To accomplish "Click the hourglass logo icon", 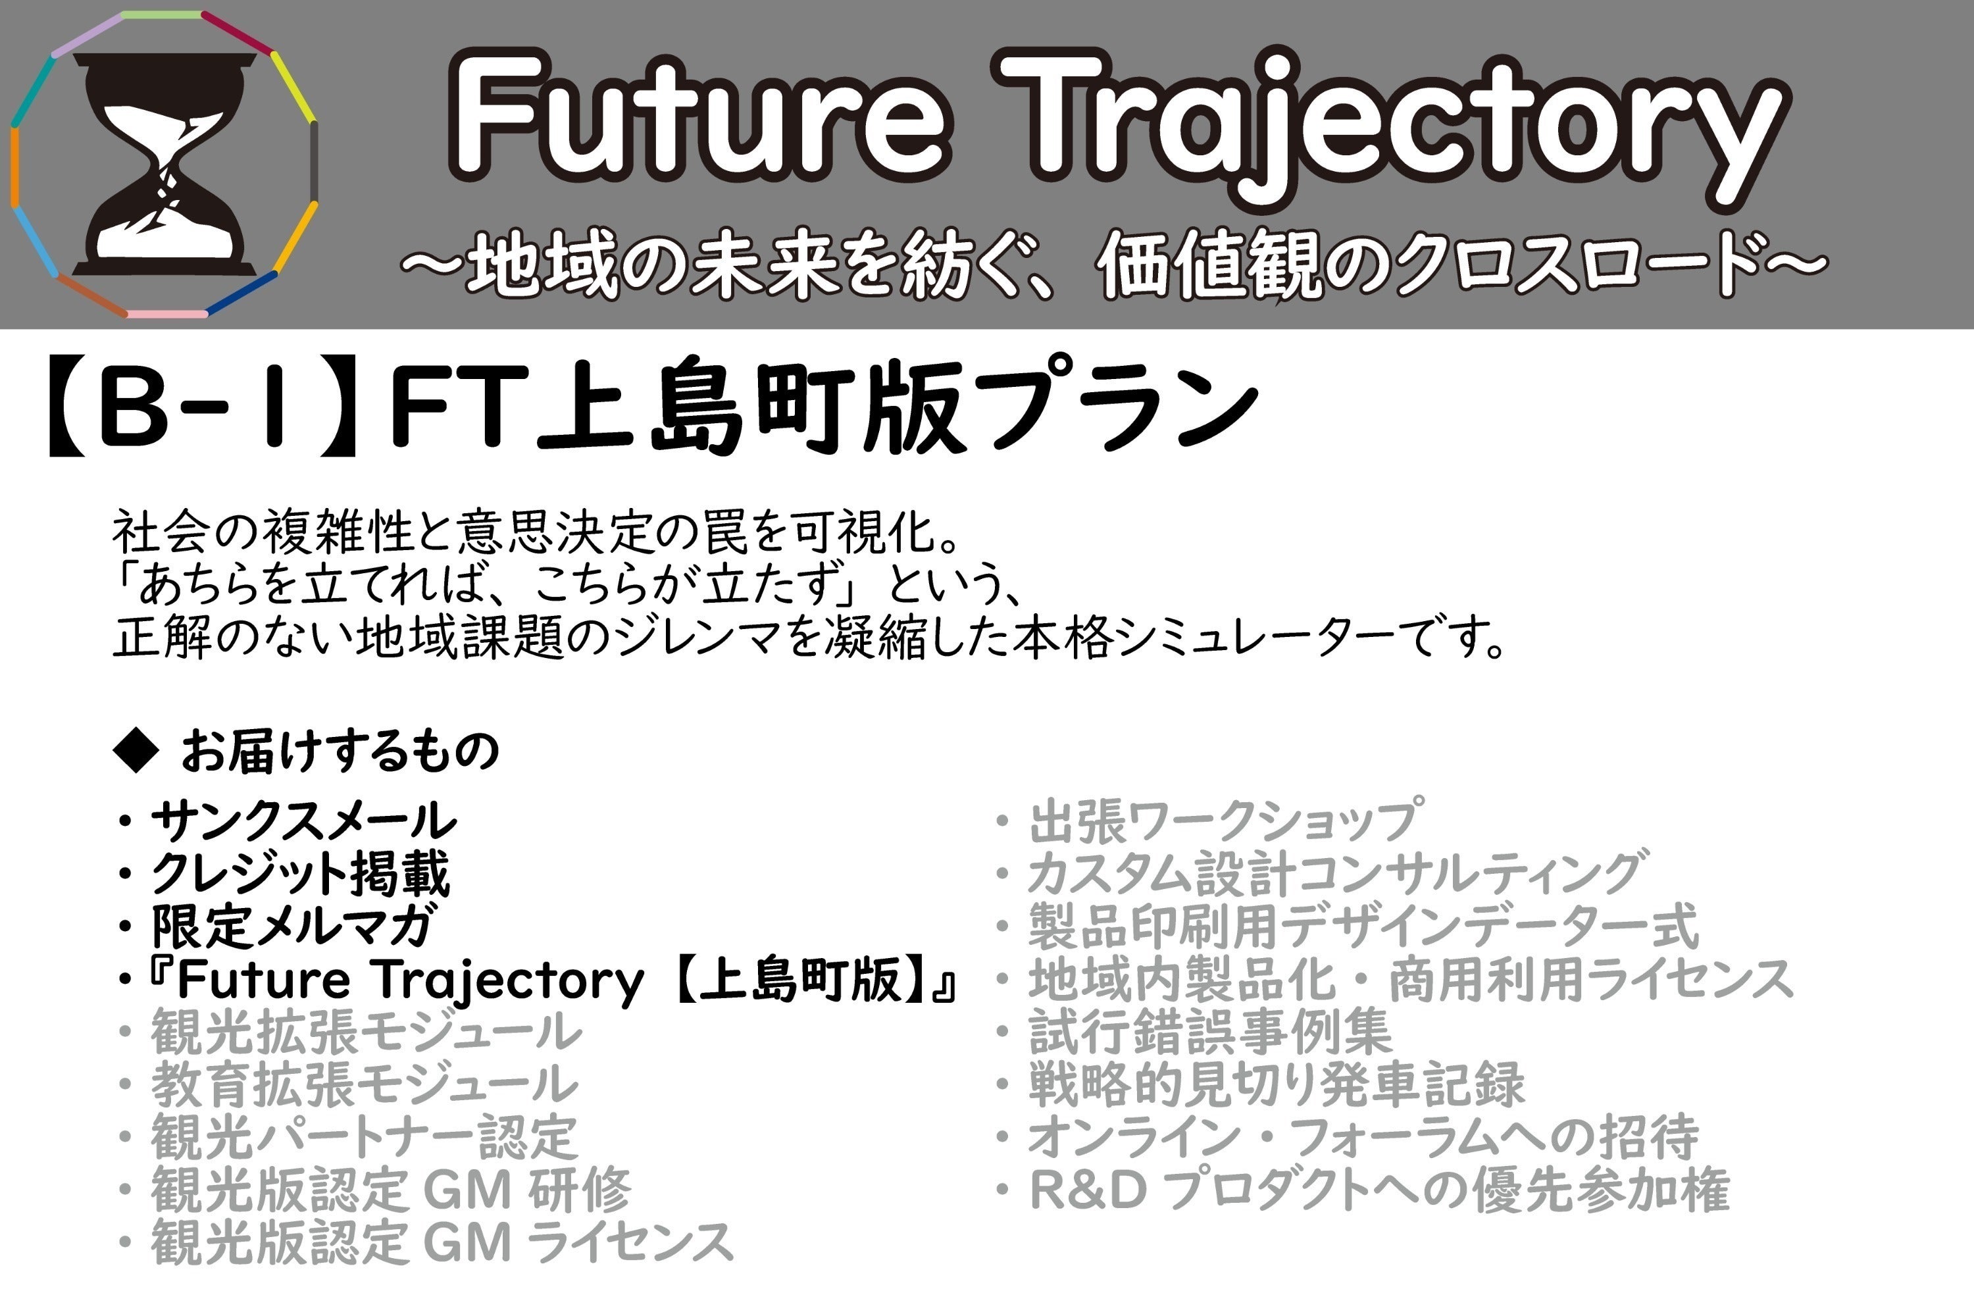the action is point(164,164).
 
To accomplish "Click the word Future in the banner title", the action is point(701,118).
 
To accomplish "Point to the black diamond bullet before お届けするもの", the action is point(136,749).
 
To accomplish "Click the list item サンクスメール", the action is point(304,820).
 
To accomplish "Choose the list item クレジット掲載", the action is point(301,873).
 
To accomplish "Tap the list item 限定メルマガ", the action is point(293,926).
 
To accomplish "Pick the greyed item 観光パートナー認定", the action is point(365,1136).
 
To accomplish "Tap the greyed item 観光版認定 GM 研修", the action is point(391,1189).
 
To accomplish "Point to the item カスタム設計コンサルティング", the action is point(1334,873).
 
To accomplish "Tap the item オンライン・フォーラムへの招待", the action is point(1364,1136).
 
